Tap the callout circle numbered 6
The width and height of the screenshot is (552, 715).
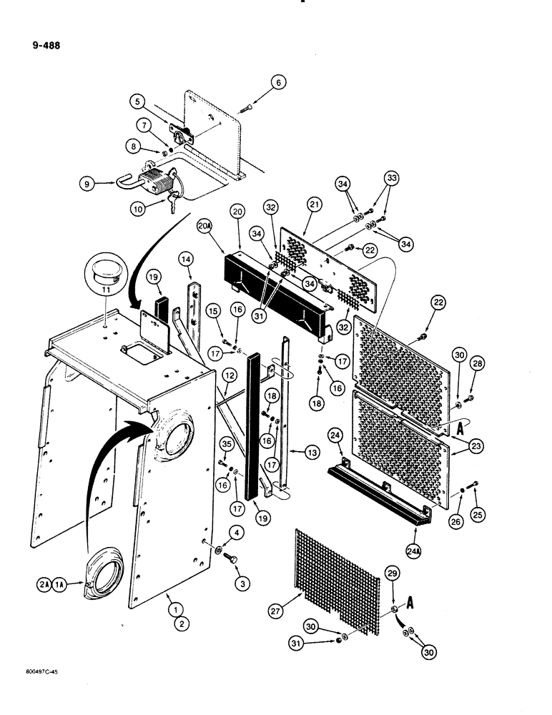coord(279,82)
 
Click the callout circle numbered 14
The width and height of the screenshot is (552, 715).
coord(186,258)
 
